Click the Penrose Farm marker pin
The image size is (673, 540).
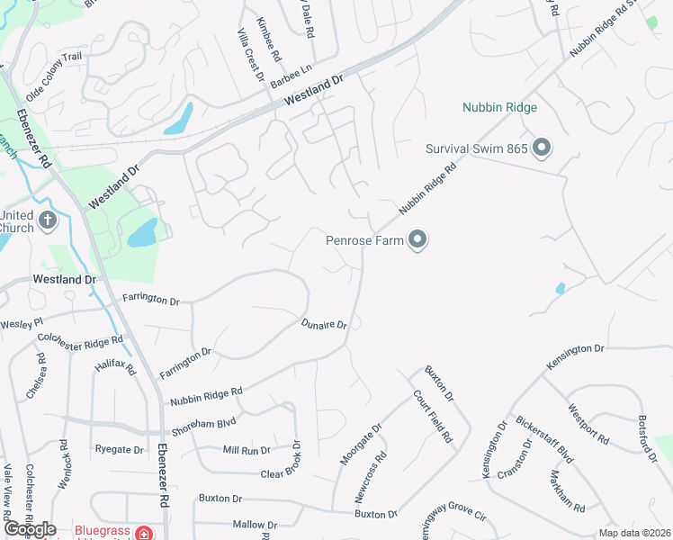click(417, 239)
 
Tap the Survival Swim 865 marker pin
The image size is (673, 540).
click(542, 148)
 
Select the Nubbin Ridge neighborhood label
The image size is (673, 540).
click(499, 107)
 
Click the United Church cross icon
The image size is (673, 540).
click(48, 219)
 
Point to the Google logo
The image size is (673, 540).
click(30, 529)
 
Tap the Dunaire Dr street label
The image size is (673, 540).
click(324, 323)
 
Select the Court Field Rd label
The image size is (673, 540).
click(432, 416)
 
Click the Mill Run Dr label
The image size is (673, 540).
click(247, 450)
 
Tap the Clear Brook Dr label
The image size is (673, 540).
click(281, 463)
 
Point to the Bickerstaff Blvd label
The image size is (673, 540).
click(544, 441)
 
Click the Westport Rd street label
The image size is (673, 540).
click(589, 423)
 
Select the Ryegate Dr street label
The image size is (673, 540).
click(119, 449)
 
